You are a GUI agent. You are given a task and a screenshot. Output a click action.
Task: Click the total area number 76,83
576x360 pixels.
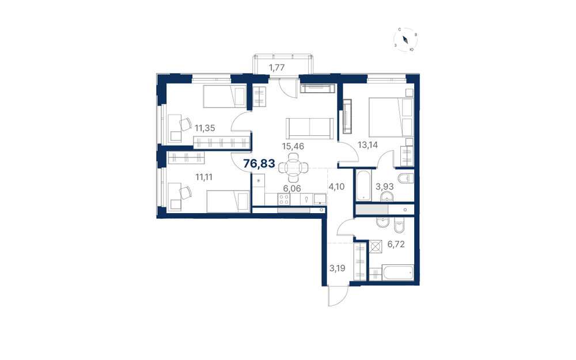coord(259,164)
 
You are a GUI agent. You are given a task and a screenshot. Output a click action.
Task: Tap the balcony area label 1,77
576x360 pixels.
coord(277,67)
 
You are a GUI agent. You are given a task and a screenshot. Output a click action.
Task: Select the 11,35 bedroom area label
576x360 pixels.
coord(205,128)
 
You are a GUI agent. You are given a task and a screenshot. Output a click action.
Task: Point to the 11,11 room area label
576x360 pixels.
coord(204,177)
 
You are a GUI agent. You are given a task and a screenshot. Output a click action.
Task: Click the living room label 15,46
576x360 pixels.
coord(293,146)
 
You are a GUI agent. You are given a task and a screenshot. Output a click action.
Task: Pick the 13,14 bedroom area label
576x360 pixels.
coord(367,145)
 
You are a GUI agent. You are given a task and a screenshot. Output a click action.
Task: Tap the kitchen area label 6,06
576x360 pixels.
coord(292,188)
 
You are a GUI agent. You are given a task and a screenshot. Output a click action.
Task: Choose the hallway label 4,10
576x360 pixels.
coord(336,187)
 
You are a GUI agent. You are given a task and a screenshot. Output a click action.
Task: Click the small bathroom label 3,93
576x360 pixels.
coord(384,187)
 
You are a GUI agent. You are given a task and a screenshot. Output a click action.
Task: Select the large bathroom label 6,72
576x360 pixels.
coord(396,244)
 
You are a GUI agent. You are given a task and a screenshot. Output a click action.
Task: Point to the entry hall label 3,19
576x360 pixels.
coord(337,268)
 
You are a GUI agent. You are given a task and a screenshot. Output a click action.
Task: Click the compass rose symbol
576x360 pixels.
coord(406,40)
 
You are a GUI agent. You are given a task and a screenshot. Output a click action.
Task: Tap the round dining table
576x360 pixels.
coord(293,168)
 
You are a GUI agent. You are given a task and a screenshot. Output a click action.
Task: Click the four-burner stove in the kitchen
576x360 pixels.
coord(283,199)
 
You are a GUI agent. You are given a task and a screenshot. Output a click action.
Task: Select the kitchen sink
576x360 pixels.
coord(320,199)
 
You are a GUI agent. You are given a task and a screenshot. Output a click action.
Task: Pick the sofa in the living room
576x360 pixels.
coord(310,128)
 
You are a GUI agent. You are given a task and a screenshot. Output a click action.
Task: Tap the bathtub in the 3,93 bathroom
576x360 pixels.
coord(363,185)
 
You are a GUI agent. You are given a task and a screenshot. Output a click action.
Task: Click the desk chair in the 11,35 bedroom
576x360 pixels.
coord(186,124)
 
